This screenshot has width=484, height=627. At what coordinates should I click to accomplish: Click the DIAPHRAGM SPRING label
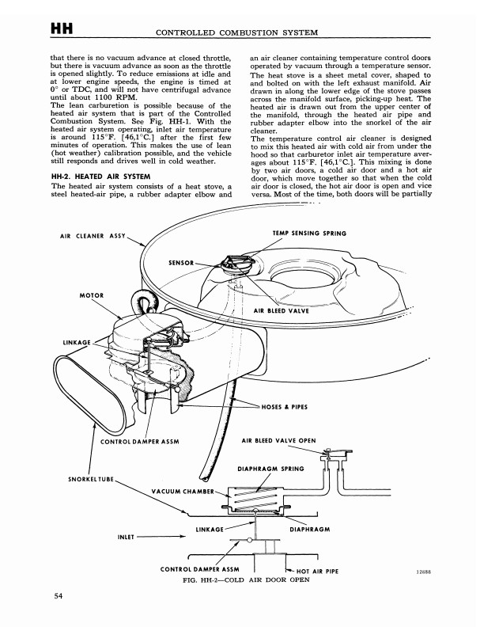271,468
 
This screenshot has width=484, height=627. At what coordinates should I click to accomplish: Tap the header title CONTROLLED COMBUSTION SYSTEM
238,32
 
